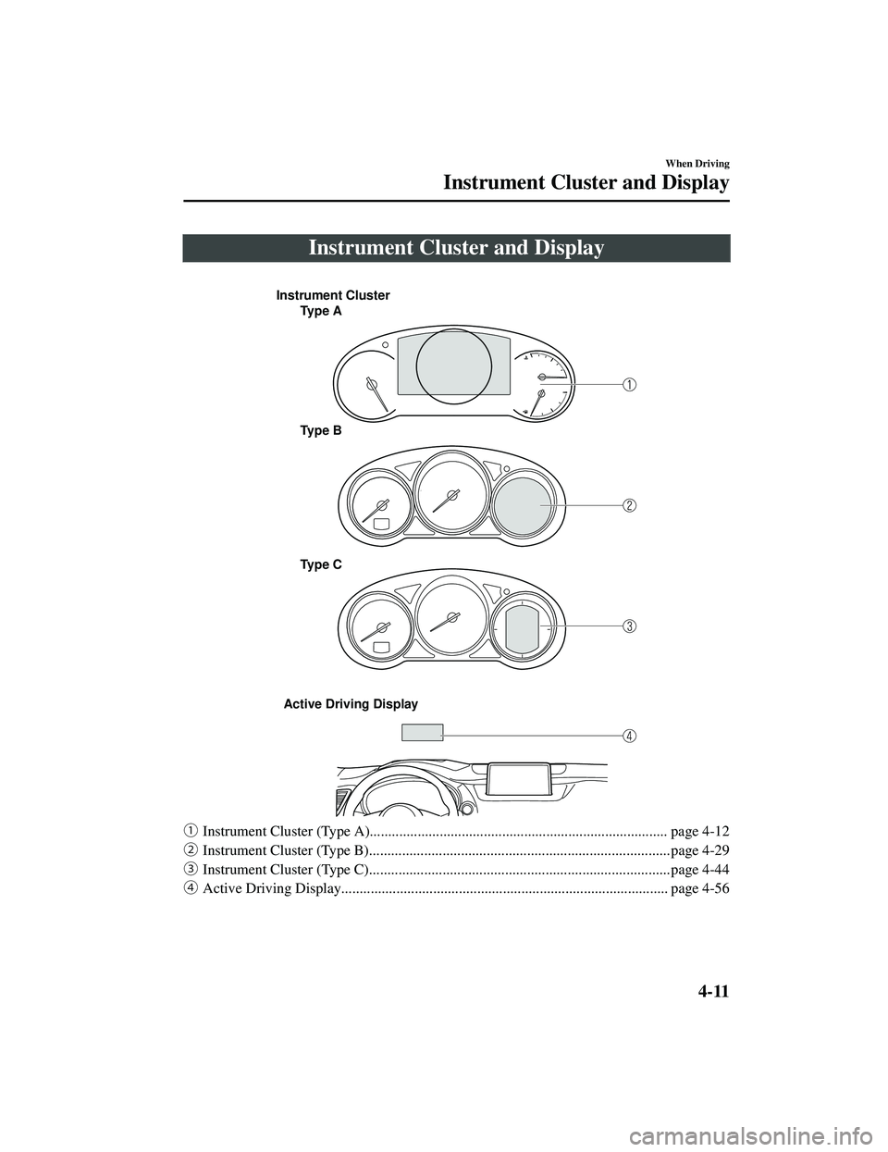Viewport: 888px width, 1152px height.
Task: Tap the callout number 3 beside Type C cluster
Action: point(629,626)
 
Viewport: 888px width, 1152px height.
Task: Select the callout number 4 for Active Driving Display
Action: point(629,736)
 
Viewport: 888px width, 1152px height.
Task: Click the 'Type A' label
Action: point(321,312)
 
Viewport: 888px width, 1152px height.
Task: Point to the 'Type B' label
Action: point(321,431)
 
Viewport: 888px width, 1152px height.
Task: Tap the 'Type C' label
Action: point(321,565)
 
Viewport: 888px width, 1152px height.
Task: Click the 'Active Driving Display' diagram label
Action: point(351,704)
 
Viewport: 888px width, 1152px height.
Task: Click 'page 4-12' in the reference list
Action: point(699,831)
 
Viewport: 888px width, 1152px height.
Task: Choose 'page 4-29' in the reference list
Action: point(699,850)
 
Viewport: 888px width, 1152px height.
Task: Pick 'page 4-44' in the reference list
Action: point(699,870)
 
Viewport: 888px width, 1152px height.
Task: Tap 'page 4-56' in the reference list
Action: point(699,888)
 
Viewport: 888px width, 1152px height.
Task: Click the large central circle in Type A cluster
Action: point(454,328)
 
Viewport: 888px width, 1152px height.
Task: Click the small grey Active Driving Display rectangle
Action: point(422,732)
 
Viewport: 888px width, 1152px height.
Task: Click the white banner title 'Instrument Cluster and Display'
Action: point(456,248)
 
